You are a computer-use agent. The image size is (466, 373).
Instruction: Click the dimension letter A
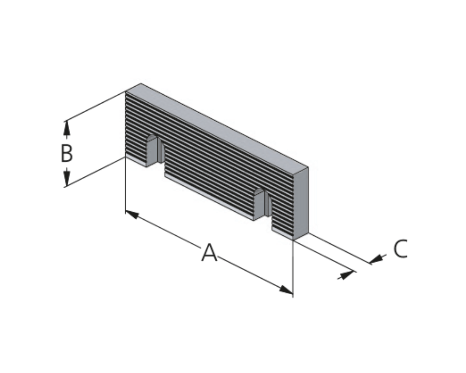coord(209,252)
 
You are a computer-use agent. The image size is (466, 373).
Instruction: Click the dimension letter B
coord(67,153)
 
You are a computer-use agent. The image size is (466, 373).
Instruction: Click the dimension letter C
coord(400,248)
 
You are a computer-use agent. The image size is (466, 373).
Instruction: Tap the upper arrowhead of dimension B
coord(67,128)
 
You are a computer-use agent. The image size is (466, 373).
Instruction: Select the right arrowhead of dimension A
coord(286,290)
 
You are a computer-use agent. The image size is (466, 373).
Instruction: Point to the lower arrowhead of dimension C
coord(347,275)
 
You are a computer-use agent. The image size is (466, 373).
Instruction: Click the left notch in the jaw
coord(155,151)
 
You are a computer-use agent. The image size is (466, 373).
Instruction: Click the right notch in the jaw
coord(262,204)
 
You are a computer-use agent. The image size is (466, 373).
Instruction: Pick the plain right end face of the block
coord(301,204)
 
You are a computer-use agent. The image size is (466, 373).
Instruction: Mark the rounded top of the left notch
coord(152,138)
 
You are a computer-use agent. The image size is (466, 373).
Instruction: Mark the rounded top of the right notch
coord(260,191)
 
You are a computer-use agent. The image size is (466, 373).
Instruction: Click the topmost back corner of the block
coord(141,83)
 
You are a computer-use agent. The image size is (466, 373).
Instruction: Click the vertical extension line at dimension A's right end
coord(293,268)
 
